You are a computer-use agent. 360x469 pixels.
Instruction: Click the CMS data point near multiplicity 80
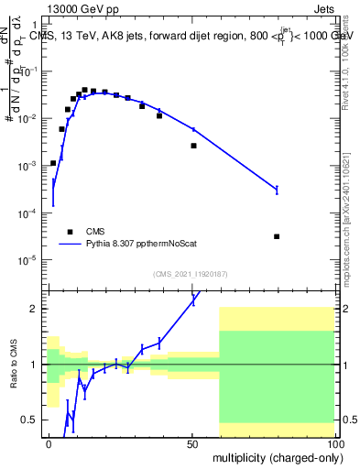[x=277, y=236]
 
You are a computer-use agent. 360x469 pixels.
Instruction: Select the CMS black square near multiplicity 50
[x=193, y=146]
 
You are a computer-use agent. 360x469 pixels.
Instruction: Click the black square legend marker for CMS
[x=68, y=232]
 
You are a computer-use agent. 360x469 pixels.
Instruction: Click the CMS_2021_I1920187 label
[x=190, y=274]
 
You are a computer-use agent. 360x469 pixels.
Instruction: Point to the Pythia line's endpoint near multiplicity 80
[x=277, y=190]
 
